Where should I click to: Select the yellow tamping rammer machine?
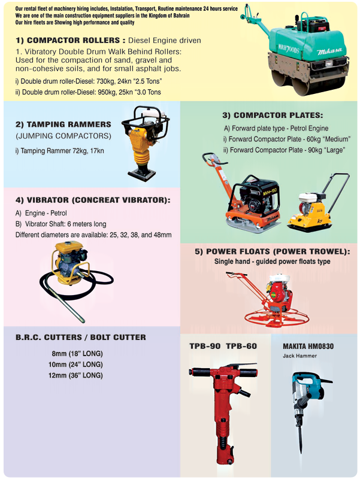[x=144, y=143]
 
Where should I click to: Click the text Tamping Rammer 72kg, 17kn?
[x=60, y=151]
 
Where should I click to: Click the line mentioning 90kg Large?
[x=285, y=150]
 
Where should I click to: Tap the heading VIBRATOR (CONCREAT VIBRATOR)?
[x=93, y=200]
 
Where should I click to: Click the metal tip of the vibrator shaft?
[x=82, y=320]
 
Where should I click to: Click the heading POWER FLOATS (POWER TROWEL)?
[x=273, y=251]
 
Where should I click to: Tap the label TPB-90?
[x=205, y=346]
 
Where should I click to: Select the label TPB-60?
[x=241, y=346]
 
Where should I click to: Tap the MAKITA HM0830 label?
[x=308, y=347]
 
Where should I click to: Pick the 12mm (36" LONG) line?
[x=75, y=375]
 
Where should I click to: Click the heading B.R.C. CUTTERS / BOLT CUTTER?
[x=81, y=338]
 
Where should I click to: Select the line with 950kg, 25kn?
[x=88, y=92]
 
